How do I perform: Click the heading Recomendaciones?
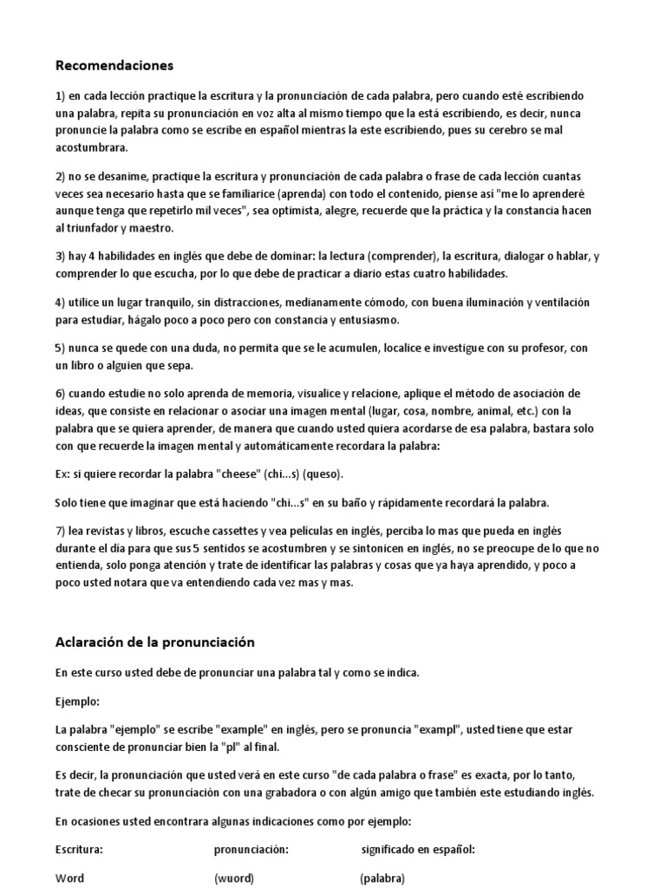(x=114, y=65)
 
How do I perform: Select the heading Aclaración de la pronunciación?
(x=155, y=643)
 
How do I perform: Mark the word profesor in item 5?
(x=540, y=348)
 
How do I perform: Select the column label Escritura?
(x=80, y=849)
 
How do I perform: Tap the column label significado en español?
(x=418, y=849)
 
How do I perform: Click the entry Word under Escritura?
(x=69, y=878)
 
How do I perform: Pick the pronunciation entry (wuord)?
(x=234, y=878)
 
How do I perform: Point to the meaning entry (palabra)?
(x=382, y=878)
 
